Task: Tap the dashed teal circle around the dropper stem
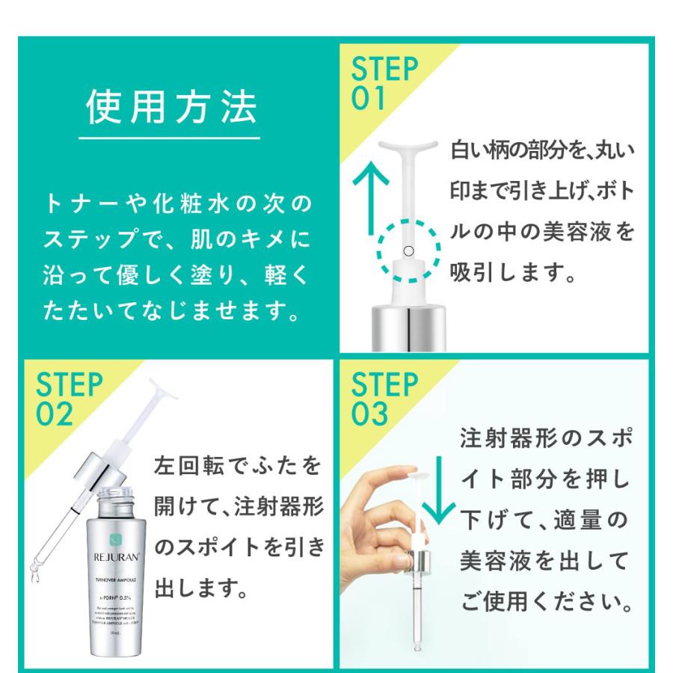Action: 407,251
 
